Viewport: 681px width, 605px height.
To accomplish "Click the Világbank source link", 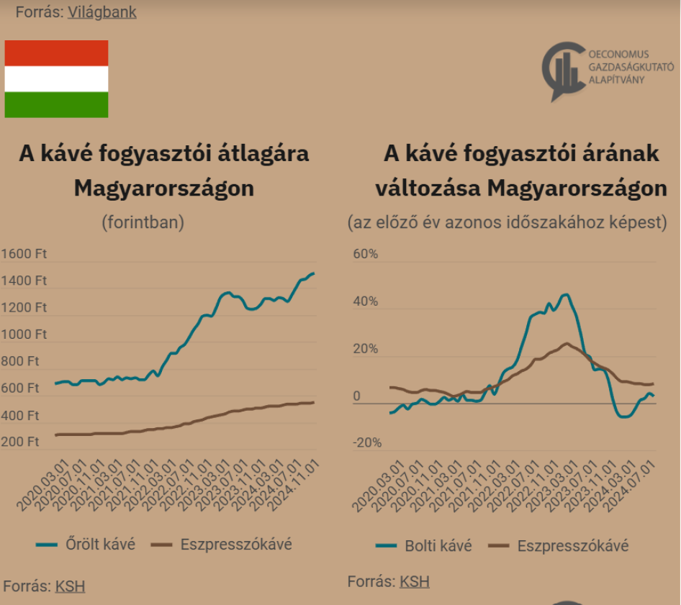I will [x=102, y=12].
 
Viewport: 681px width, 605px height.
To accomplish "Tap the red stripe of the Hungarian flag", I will [x=56, y=53].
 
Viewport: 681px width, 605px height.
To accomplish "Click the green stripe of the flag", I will [x=56, y=105].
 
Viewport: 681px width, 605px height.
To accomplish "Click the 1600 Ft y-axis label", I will [x=24, y=253].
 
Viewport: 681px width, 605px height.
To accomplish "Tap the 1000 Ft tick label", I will [x=24, y=335].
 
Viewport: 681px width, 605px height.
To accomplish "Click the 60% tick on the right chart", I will [x=364, y=253].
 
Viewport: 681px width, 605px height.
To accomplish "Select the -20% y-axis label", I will [x=366, y=442].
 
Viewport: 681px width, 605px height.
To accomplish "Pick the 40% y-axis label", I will [x=364, y=301].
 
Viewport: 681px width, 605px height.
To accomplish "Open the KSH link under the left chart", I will [x=70, y=586].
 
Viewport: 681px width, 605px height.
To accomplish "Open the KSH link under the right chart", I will [x=415, y=582].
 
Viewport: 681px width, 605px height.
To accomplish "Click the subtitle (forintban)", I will [x=143, y=222].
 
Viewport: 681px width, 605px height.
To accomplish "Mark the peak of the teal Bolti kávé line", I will [x=565, y=294].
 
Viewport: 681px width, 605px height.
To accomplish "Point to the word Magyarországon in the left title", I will [x=164, y=188].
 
